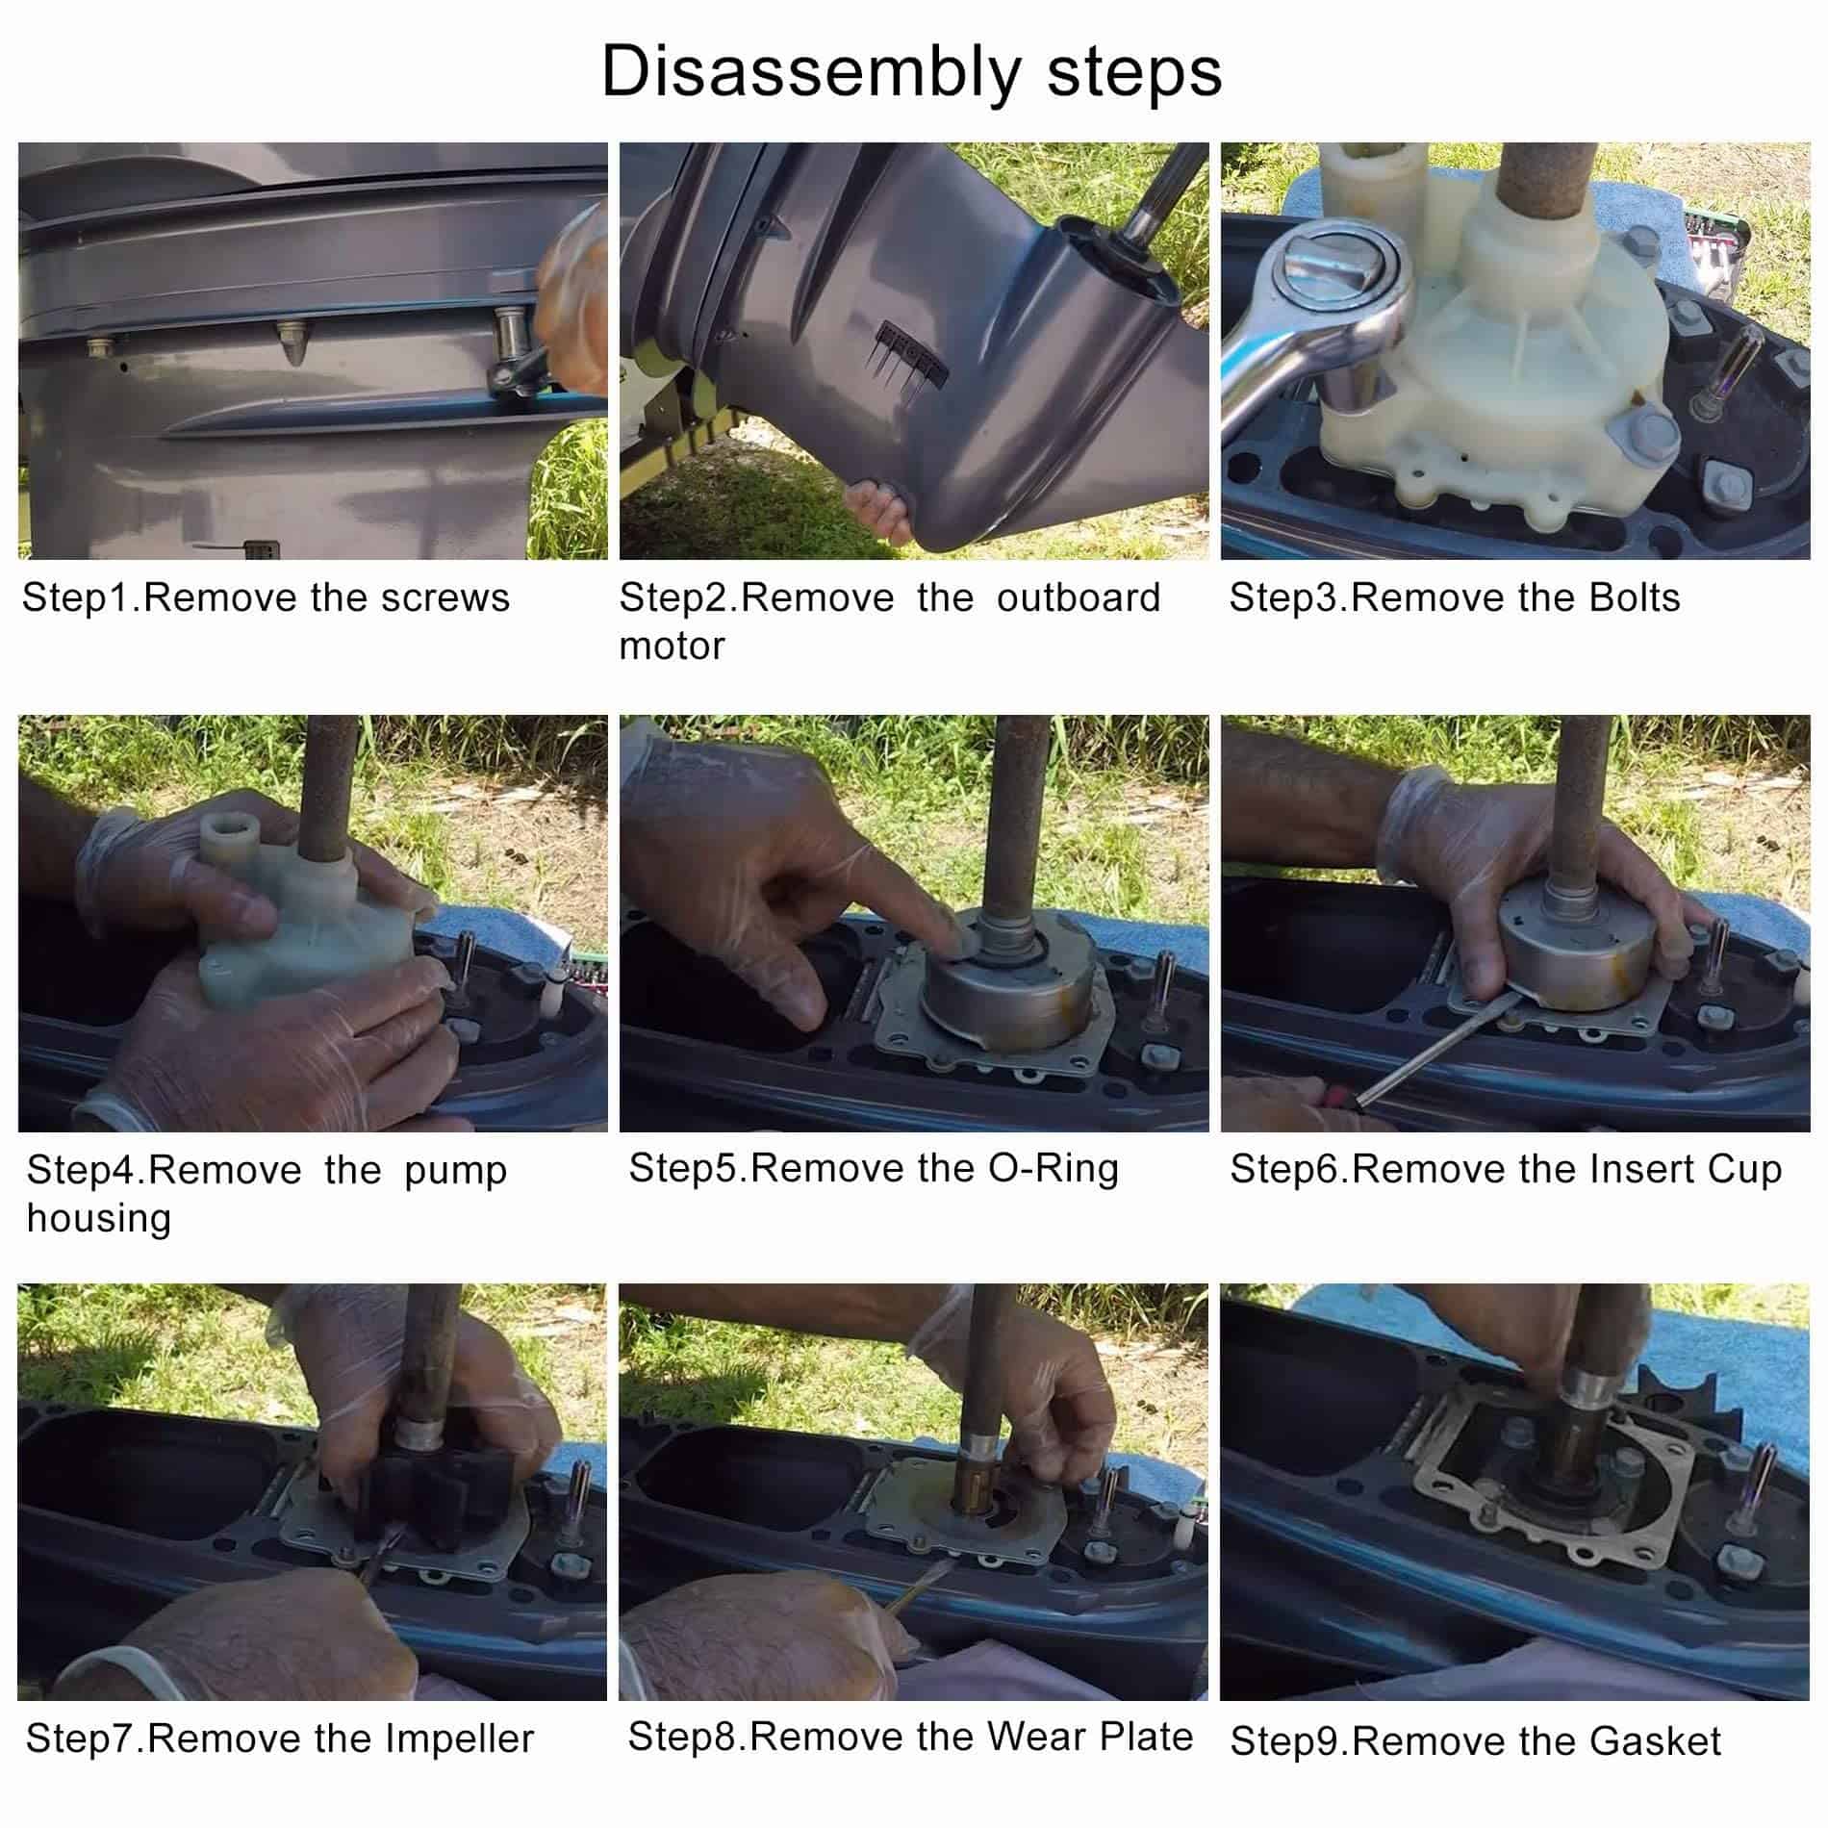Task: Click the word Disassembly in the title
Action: tap(812, 73)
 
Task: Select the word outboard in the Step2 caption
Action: tap(1079, 597)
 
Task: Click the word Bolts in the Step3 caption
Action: tap(1635, 597)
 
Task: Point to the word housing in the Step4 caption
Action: tap(99, 1219)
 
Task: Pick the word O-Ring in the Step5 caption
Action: tap(1054, 1168)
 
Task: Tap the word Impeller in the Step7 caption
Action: tap(460, 1739)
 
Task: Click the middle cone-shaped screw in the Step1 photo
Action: tap(291, 343)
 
